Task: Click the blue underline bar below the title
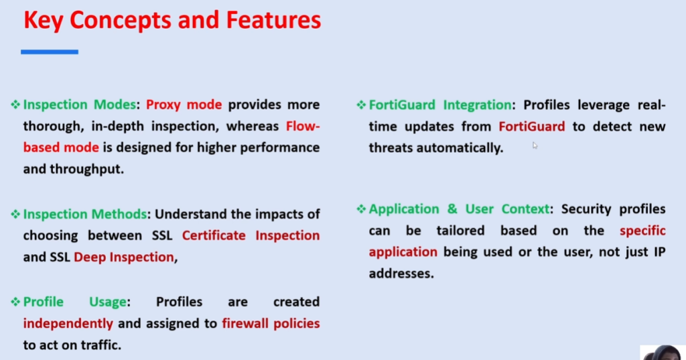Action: [x=49, y=52]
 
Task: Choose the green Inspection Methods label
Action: [x=84, y=215]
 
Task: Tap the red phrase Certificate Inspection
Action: [x=251, y=236]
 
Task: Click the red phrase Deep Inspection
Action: [x=124, y=257]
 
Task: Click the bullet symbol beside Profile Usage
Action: [x=15, y=302]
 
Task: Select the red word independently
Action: [x=68, y=324]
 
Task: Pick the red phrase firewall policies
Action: [x=271, y=324]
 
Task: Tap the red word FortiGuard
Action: [x=531, y=127]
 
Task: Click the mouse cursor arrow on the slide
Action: [x=535, y=145]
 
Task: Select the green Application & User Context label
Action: [x=458, y=209]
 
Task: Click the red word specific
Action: [x=642, y=231]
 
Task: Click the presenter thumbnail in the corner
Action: [x=663, y=353]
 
